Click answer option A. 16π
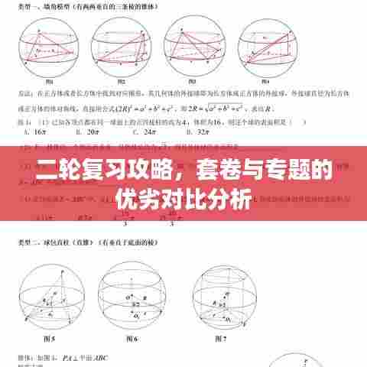(33, 132)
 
